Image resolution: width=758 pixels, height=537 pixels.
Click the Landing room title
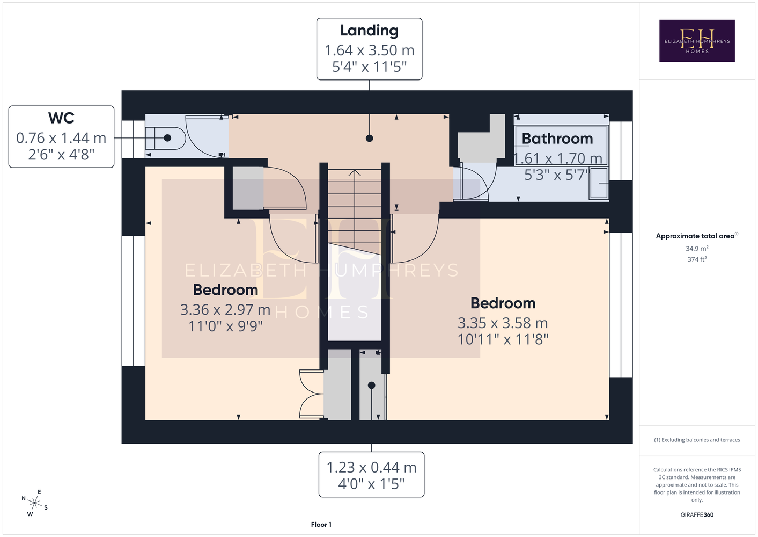point(369,31)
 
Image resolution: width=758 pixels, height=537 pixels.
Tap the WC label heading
point(61,118)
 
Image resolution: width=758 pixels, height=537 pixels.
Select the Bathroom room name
point(557,139)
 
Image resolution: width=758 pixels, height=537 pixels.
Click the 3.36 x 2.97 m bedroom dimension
point(225,310)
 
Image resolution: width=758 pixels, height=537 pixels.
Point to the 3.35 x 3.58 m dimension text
point(503,323)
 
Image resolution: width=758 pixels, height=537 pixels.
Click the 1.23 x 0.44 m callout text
point(372,468)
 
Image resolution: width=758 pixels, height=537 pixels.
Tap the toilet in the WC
point(165,138)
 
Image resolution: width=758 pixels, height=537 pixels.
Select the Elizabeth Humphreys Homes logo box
point(697,41)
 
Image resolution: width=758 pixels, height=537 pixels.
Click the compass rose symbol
point(34,503)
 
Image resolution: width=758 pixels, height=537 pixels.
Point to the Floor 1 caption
point(321,525)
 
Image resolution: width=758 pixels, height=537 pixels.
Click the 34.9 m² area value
point(697,248)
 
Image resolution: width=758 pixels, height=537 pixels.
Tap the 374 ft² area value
point(697,259)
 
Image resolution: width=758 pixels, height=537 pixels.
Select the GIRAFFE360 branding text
point(697,514)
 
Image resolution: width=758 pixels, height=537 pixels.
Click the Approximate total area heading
point(697,236)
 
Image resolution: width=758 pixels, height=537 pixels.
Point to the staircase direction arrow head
point(355,172)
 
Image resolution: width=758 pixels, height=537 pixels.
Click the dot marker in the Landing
point(370,138)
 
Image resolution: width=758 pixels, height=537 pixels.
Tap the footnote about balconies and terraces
point(697,440)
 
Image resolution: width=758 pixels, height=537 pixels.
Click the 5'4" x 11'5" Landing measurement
point(369,67)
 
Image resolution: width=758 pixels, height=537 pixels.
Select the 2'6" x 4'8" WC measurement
point(61,155)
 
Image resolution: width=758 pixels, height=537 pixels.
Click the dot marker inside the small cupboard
point(372,385)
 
